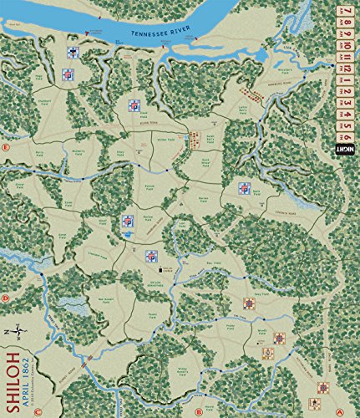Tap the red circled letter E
pyautogui.click(x=6, y=148)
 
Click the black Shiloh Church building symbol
pyautogui.click(x=160, y=268)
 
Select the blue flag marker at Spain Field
pyautogui.click(x=244, y=188)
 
